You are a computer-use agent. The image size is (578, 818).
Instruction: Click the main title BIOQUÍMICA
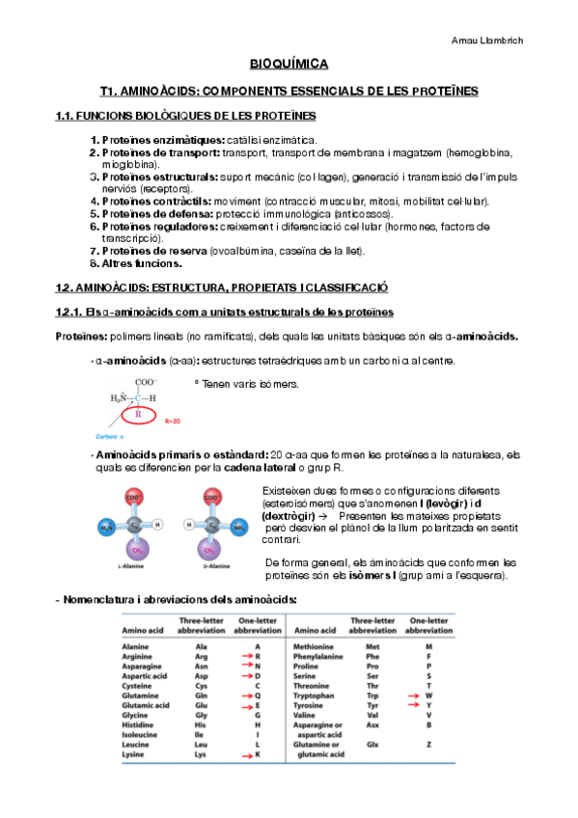click(289, 64)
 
